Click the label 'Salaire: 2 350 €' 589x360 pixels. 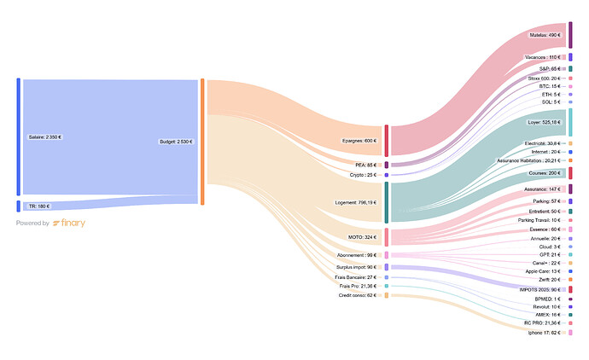point(44,136)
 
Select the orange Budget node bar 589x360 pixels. point(202,142)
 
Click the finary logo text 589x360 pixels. point(69,224)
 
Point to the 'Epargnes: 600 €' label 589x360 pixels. point(359,141)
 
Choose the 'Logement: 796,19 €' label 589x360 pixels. point(353,203)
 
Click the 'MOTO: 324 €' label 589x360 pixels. point(363,236)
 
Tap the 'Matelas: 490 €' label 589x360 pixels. point(543,35)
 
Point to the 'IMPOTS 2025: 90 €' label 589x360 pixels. point(539,290)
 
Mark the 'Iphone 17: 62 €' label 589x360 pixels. point(544,332)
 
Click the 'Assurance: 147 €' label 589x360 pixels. point(543,189)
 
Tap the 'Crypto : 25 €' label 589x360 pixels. point(363,175)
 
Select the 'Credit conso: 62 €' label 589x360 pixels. point(358,295)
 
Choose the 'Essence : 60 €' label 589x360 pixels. point(544,229)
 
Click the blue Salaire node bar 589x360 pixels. point(18,136)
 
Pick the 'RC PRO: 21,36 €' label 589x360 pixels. point(542,322)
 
